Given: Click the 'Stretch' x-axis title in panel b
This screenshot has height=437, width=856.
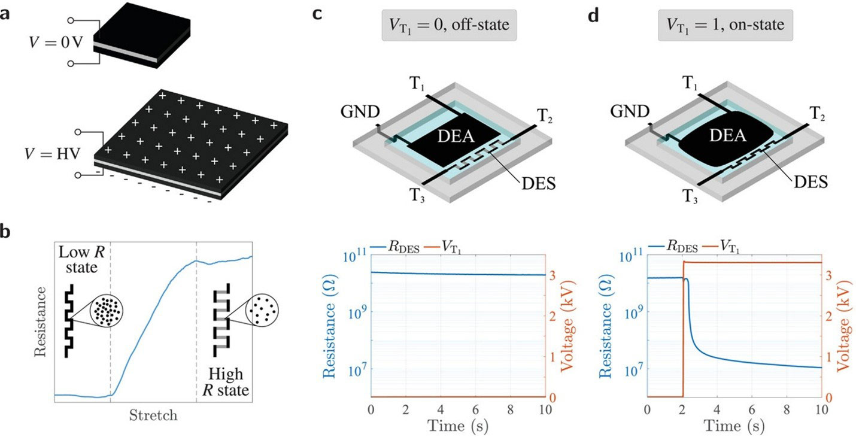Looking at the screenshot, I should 153,415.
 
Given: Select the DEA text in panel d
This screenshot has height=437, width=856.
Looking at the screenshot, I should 728,136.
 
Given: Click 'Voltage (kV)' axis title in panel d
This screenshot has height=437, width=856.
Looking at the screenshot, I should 844,326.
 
